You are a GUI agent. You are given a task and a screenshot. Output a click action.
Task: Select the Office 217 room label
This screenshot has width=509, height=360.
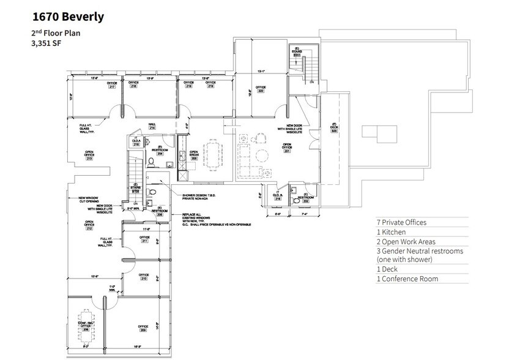(112, 85)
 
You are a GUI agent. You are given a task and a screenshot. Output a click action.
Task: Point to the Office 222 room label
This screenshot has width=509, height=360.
(261, 89)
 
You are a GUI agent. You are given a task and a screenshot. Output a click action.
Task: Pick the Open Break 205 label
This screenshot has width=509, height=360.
(194, 155)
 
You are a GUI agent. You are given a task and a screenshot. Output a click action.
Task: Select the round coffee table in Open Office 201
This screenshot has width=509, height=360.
(261, 154)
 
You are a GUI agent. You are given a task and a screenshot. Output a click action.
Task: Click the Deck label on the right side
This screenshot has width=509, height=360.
(335, 128)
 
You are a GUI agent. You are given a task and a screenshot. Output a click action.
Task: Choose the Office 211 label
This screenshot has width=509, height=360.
(144, 239)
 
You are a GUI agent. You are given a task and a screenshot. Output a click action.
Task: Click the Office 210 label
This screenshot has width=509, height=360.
(144, 277)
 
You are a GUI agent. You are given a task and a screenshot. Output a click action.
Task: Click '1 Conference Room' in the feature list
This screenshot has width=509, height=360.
(407, 279)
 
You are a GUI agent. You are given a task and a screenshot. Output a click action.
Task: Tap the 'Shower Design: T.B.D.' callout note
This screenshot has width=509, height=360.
(199, 197)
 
